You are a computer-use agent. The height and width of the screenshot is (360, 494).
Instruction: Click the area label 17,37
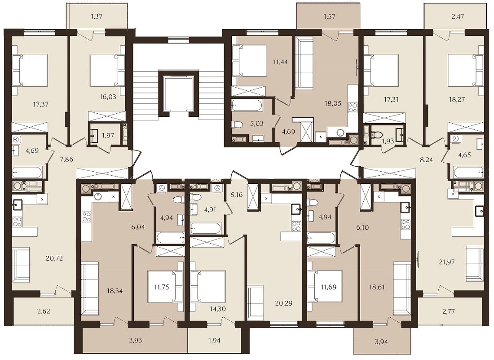pyautogui.click(x=40, y=104)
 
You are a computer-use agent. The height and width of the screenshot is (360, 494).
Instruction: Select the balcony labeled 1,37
pyautogui.click(x=97, y=17)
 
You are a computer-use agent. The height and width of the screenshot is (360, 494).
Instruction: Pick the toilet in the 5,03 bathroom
pyautogui.click(x=238, y=124)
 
